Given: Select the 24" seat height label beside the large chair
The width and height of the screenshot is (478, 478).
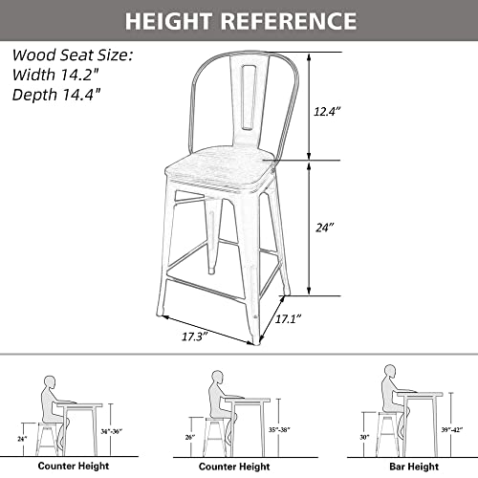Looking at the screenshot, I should [x=327, y=228].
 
